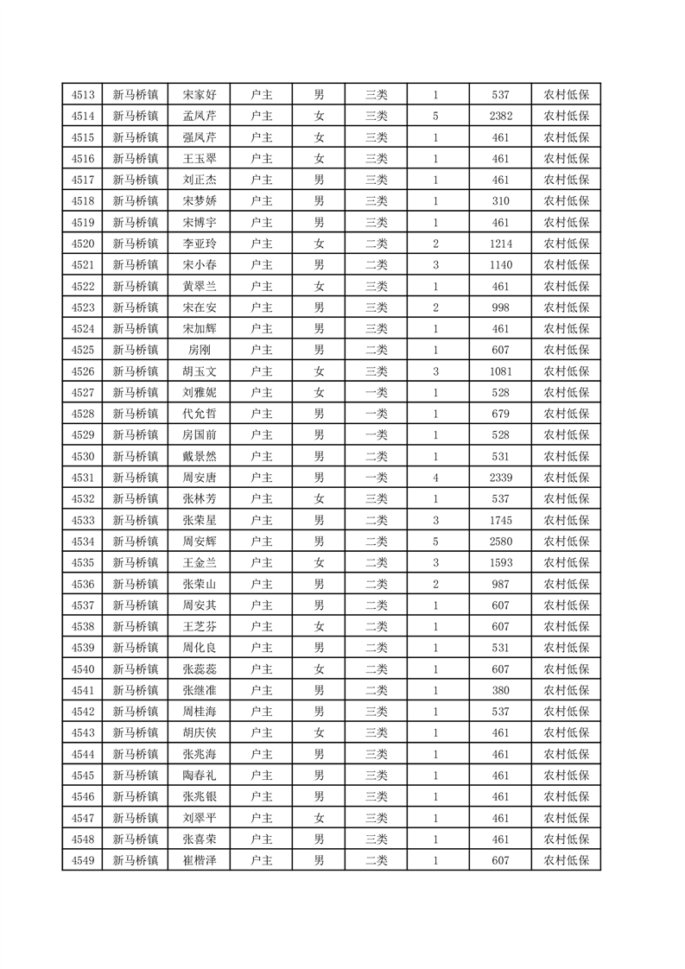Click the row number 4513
[x=83, y=96]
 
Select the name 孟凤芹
[x=200, y=117]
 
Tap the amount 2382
[x=501, y=117]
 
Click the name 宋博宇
[x=200, y=222]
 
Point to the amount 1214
[x=501, y=244]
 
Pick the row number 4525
[x=83, y=349]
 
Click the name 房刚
[x=200, y=349]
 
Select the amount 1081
[x=501, y=370]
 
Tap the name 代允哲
[x=200, y=413]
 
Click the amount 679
[x=501, y=413]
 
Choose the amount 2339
[x=501, y=477]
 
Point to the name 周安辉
[x=200, y=540]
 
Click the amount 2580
[x=501, y=540]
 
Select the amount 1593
[x=501, y=561]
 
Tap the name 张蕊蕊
[x=200, y=667]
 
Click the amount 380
[x=501, y=688]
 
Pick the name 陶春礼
[x=200, y=773]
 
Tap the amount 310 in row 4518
[x=501, y=201]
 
